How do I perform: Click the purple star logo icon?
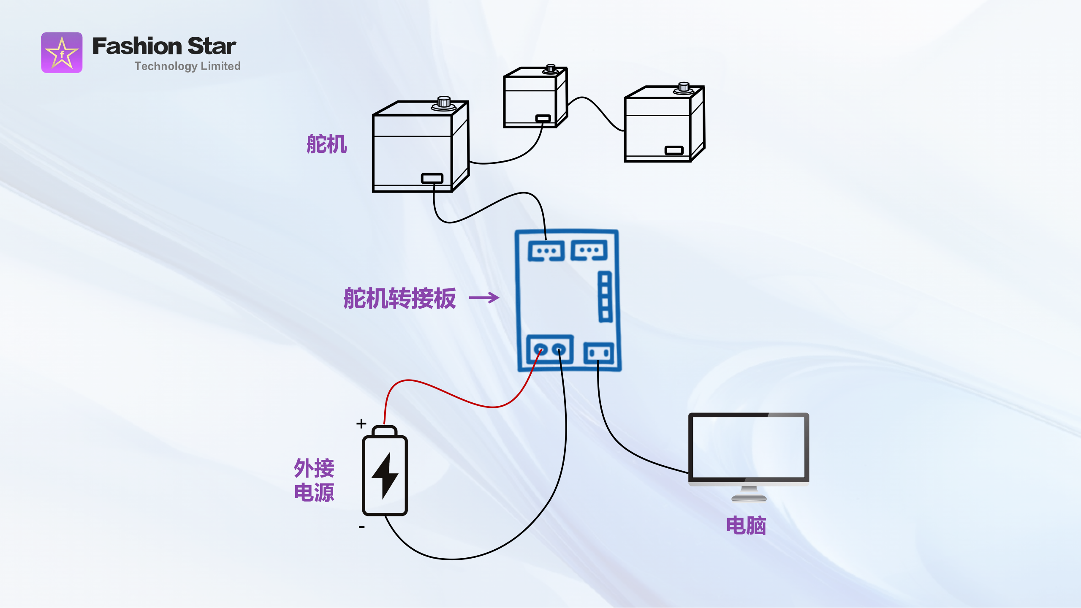[x=62, y=53]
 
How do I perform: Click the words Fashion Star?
[x=164, y=46]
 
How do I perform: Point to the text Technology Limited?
[x=187, y=66]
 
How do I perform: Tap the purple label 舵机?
[x=326, y=144]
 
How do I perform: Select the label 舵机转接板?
[x=399, y=299]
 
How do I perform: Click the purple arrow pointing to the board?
[x=484, y=298]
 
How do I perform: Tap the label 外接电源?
[x=314, y=480]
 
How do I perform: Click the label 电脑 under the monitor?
[x=746, y=526]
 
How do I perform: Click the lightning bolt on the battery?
[x=385, y=475]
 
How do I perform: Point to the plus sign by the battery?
[x=361, y=423]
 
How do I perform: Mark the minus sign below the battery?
[x=361, y=527]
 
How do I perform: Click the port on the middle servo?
[x=543, y=119]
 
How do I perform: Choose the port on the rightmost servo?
[x=674, y=150]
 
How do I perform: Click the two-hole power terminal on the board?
[x=549, y=350]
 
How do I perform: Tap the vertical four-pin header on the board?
[x=605, y=297]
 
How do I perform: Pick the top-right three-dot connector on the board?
[x=589, y=250]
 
